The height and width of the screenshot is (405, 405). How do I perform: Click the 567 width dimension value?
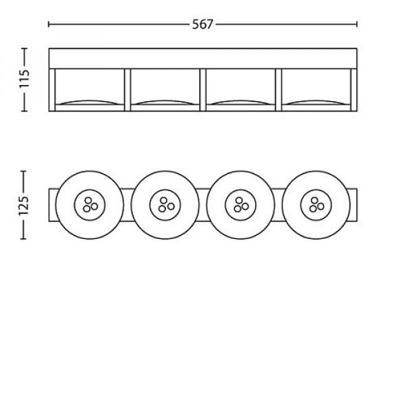[202, 24]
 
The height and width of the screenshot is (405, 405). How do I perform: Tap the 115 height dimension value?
[24, 79]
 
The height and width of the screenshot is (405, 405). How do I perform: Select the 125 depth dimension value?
[24, 206]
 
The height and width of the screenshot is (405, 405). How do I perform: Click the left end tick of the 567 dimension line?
[49, 24]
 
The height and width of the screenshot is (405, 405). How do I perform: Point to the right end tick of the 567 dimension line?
[356, 24]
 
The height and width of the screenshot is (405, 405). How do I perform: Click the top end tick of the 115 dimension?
[24, 49]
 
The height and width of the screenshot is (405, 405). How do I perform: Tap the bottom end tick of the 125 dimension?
[23, 239]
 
